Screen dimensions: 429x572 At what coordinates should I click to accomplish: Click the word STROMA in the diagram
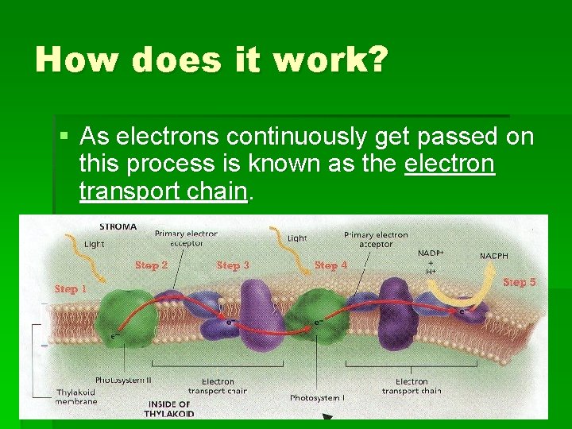tap(118, 226)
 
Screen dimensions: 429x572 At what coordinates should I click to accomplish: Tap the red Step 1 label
tap(71, 289)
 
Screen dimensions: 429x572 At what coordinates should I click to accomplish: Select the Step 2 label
tap(152, 265)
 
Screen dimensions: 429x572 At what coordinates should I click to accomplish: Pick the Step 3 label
tap(233, 265)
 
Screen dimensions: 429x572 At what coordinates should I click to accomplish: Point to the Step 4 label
tap(331, 265)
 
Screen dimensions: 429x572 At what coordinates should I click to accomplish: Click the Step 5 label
tap(520, 282)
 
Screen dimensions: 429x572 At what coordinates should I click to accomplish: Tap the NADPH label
tap(494, 256)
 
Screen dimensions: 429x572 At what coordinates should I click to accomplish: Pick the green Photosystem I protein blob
tap(318, 317)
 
